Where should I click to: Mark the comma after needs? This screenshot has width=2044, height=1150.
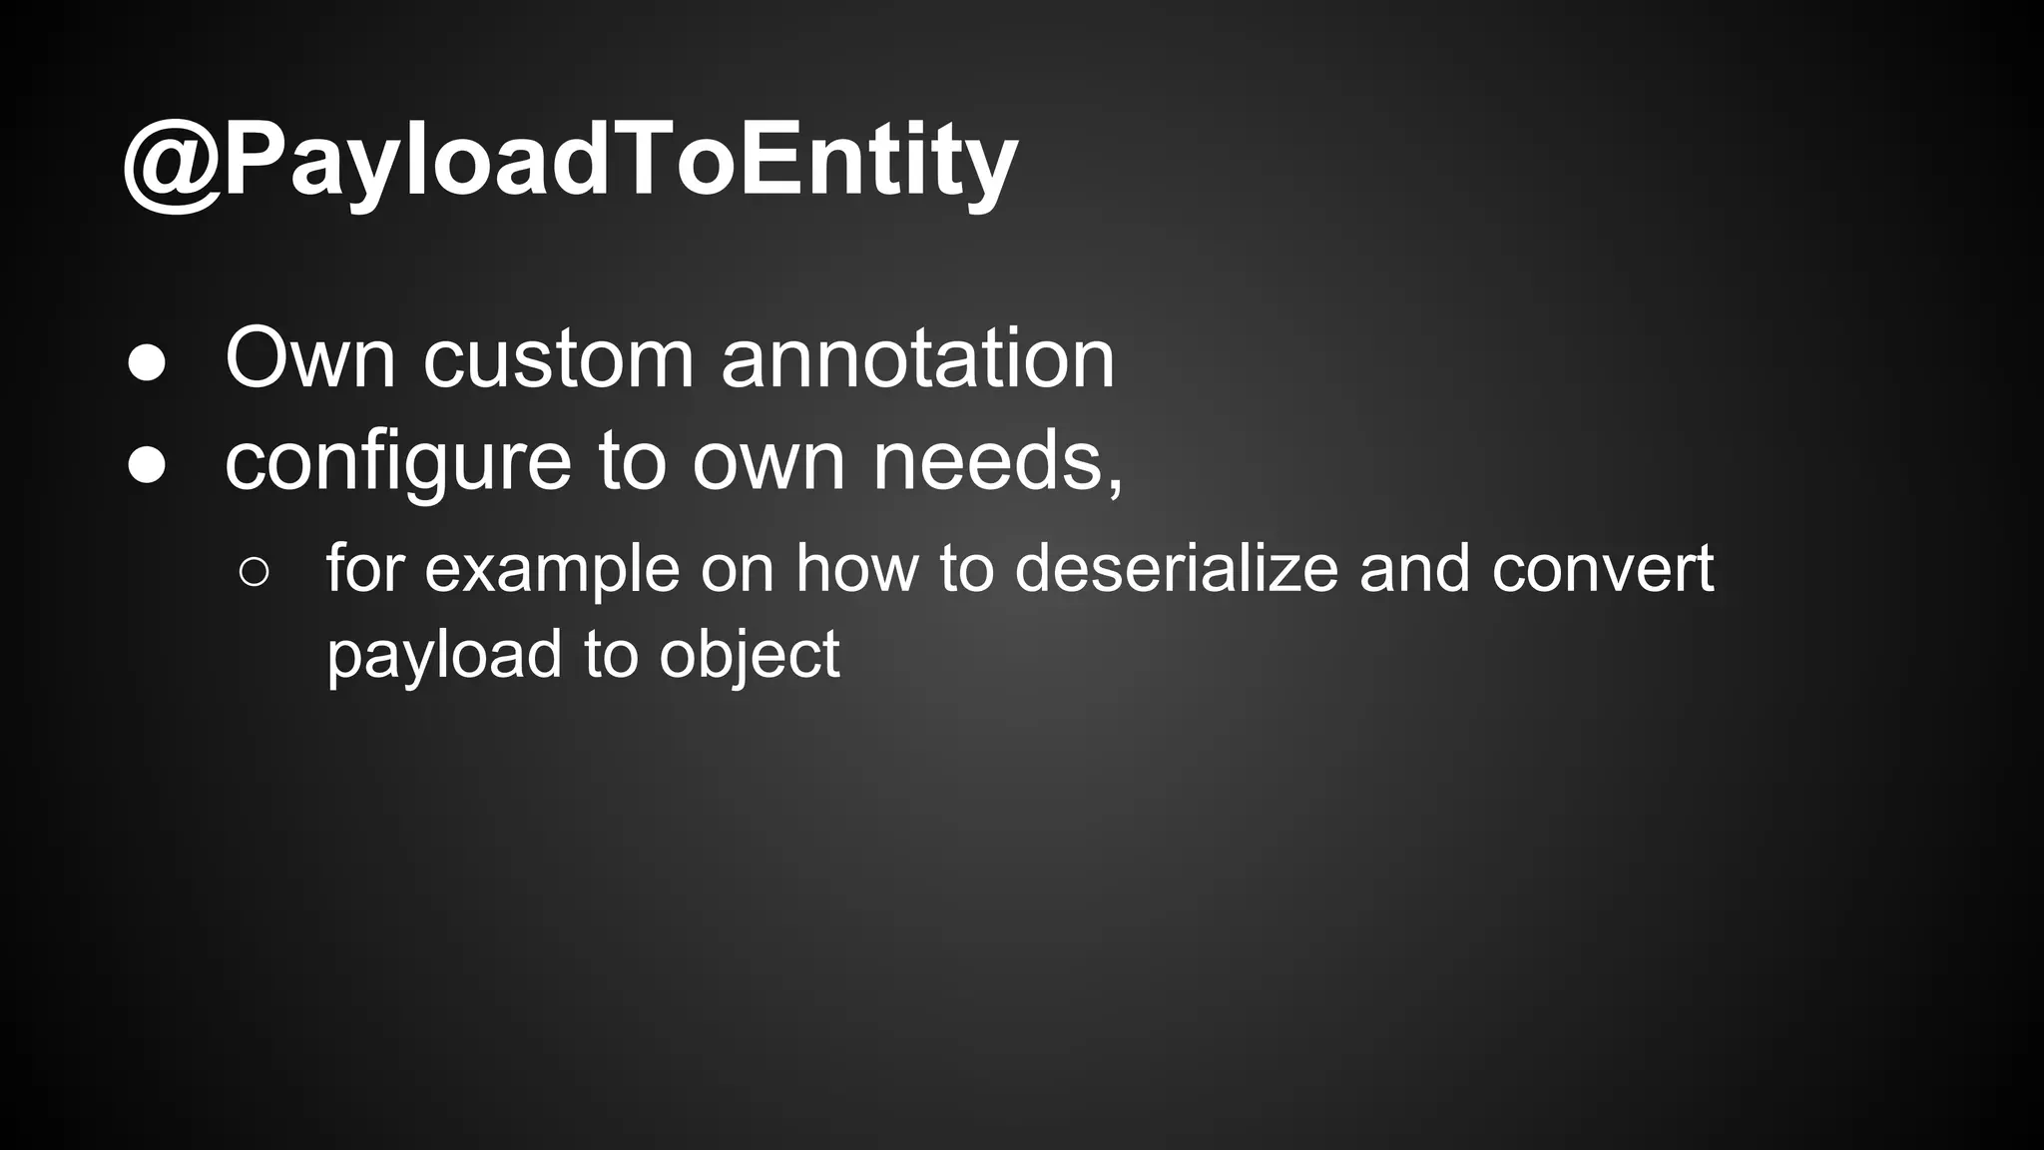[x=1114, y=484]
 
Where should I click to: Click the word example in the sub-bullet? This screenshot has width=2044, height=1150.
[x=551, y=570]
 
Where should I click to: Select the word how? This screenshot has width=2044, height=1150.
[x=856, y=568]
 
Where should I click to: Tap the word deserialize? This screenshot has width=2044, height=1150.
[x=1176, y=568]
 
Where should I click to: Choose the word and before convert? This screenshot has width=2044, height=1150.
[x=1414, y=568]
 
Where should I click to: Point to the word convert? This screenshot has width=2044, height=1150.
[x=1602, y=570]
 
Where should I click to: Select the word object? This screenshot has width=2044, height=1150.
[x=749, y=656]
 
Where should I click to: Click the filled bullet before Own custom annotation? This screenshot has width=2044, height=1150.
[x=147, y=363]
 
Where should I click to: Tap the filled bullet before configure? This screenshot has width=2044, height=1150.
[x=147, y=466]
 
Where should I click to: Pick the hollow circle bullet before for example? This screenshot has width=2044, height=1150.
[x=255, y=572]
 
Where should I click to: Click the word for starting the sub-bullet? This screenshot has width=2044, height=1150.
[x=363, y=568]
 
